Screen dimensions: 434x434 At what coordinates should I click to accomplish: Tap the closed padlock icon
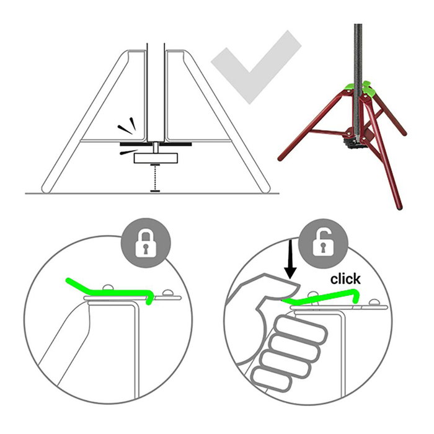pos(146,243)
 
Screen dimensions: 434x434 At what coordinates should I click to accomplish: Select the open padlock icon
pos(323,243)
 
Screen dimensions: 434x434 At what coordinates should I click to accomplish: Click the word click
pos(345,279)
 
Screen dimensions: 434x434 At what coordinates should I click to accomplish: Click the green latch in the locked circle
pos(111,291)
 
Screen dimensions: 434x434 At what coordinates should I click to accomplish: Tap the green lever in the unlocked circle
pos(321,297)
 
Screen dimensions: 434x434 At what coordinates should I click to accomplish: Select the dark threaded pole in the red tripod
pos(358,80)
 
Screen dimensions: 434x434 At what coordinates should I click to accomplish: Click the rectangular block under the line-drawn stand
pos(156,158)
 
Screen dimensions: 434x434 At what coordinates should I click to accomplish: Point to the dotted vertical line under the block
pos(155,178)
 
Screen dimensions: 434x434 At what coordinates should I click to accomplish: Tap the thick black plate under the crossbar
pos(156,144)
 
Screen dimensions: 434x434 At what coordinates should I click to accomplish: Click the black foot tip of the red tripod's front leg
pos(399,206)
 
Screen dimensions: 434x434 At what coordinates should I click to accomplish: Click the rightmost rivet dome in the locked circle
pos(167,293)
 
